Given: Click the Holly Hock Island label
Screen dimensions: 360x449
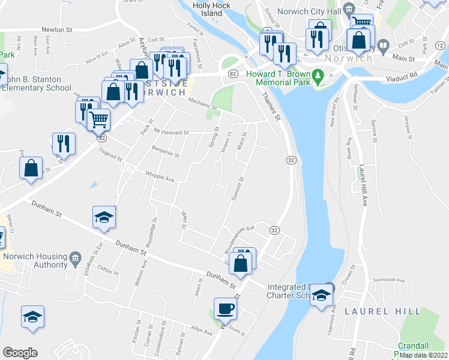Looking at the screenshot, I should tap(208, 8).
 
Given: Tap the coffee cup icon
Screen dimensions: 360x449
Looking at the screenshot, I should tap(226, 309).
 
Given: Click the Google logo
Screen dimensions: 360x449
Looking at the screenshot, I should tap(20, 353).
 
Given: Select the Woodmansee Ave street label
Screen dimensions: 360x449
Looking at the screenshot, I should tap(239, 238).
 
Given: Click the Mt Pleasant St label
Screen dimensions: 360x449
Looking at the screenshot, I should tap(170, 132).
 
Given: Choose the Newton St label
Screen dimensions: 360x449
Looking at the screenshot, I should tap(56, 29).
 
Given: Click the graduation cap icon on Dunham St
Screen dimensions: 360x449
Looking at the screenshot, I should tap(103, 217).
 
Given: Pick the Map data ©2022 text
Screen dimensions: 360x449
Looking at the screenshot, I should tap(423, 355).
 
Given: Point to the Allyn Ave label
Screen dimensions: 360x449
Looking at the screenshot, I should tap(202, 331).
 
